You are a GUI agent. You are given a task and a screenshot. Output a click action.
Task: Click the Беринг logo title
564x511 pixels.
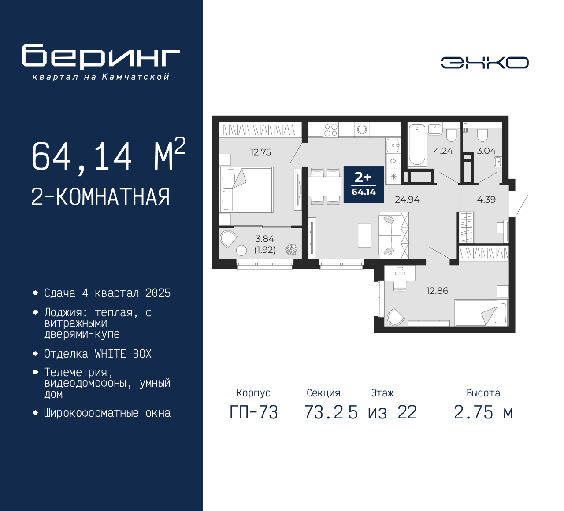(101, 57)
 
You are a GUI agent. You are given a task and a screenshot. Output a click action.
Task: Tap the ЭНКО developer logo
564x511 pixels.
(484, 63)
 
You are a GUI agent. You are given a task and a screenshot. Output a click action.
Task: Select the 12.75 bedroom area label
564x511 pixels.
(261, 152)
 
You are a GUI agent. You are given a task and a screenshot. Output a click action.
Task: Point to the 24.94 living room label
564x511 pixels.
(407, 200)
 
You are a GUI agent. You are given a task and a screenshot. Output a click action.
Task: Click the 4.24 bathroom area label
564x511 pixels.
(443, 151)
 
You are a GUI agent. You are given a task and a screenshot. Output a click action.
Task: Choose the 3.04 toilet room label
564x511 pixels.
(486, 151)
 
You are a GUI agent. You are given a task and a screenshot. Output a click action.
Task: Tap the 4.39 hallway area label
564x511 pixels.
(486, 200)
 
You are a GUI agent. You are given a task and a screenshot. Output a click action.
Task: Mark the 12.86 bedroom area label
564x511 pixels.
(437, 291)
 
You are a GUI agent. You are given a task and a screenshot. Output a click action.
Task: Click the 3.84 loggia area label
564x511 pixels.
(264, 239)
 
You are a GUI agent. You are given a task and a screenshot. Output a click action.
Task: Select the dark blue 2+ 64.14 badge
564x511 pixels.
(364, 184)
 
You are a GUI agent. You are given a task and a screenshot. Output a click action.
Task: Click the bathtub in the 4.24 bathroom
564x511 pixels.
(417, 144)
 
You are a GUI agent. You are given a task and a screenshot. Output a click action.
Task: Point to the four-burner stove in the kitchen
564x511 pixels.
(330, 130)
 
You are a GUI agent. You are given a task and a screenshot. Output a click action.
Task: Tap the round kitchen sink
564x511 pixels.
(362, 130)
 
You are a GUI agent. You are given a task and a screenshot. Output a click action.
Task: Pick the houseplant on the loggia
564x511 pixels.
(291, 249)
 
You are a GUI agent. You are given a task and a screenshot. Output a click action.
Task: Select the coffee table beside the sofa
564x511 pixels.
(364, 235)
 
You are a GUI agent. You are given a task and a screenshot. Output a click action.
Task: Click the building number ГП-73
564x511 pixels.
(254, 413)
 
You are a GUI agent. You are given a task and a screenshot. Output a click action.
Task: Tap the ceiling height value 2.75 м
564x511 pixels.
(483, 413)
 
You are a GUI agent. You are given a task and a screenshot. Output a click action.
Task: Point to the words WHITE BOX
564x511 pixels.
(123, 354)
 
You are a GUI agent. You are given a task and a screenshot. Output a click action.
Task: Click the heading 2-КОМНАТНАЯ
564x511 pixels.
(100, 197)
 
